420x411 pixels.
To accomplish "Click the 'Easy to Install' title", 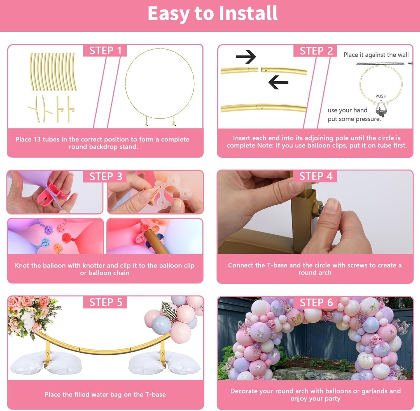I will click(213, 13).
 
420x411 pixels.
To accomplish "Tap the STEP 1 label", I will click(105, 51).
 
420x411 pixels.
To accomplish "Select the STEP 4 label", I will click(316, 176).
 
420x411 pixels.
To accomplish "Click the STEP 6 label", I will click(316, 303).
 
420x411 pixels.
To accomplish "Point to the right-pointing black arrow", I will click(246, 57).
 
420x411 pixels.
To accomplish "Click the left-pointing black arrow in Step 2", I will click(278, 82).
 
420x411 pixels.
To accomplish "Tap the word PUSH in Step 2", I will click(381, 96).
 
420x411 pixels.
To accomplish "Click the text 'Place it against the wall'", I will click(376, 55).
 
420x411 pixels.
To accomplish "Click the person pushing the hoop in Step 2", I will click(381, 111).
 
